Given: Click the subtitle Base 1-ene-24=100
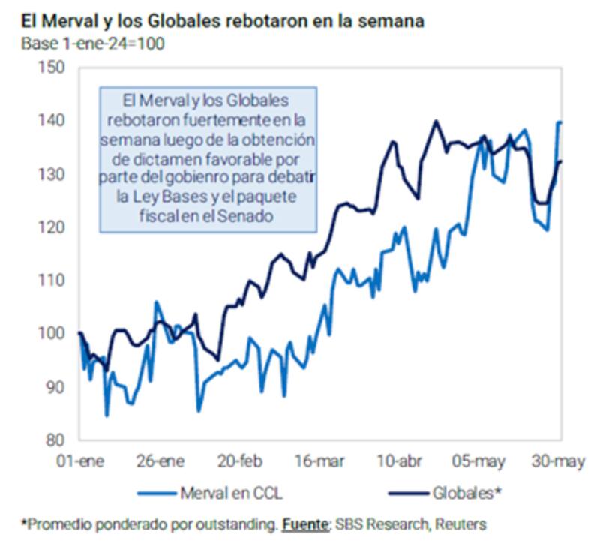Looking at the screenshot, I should [94, 43].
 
